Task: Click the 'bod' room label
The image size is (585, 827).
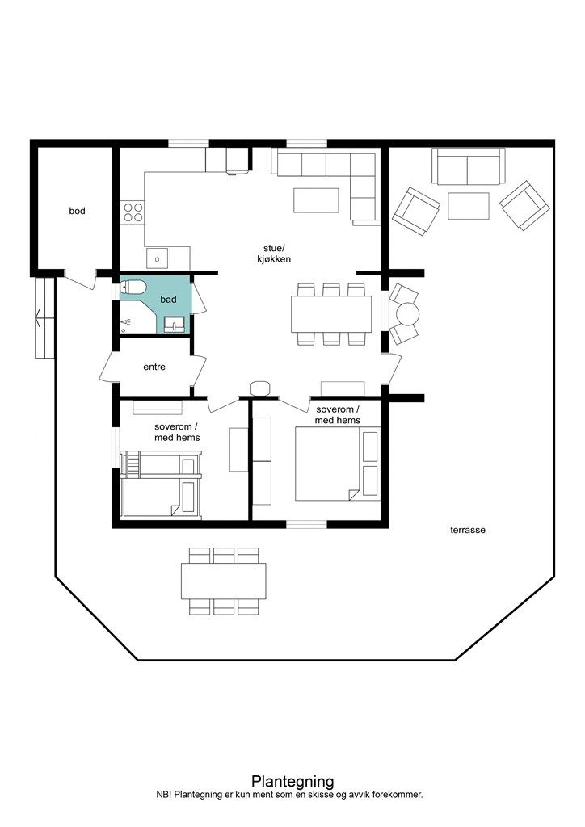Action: (77, 211)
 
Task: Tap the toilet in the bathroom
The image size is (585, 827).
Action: (133, 288)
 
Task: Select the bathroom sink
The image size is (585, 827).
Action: (174, 325)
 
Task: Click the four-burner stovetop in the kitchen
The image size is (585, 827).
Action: (133, 212)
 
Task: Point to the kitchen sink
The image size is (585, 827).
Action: (158, 258)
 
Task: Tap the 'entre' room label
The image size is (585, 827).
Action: (154, 367)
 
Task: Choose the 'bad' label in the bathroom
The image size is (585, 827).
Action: (168, 300)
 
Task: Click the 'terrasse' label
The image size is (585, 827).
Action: (468, 530)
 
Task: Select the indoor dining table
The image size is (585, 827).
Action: (331, 314)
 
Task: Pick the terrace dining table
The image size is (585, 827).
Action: (223, 581)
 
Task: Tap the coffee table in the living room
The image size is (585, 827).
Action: (316, 200)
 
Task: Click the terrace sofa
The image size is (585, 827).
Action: (469, 166)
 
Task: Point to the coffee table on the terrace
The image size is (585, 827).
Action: (469, 206)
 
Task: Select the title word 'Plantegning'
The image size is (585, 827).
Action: (292, 781)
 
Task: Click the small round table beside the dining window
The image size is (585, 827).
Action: (407, 314)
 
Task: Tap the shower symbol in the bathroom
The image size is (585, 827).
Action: (125, 322)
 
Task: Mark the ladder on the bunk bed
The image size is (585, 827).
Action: (130, 464)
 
